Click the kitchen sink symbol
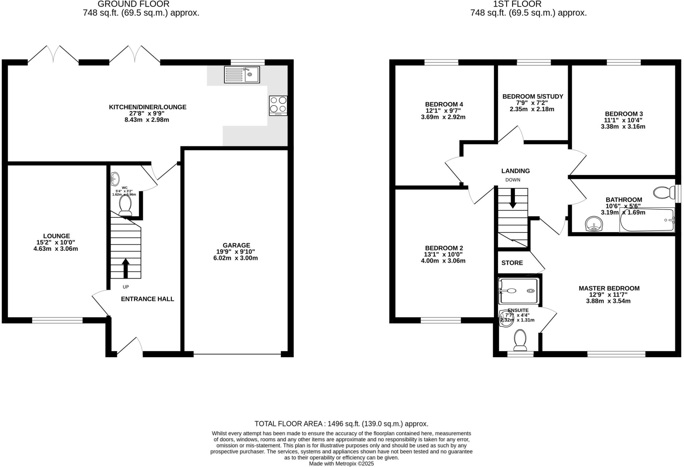[242, 74]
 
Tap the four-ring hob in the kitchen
[278, 105]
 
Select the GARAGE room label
[236, 245]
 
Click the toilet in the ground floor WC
[125, 205]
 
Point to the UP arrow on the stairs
[126, 268]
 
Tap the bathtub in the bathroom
[647, 220]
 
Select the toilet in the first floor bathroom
[663, 193]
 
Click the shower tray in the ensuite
[518, 291]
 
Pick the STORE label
[512, 263]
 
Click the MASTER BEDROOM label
[609, 288]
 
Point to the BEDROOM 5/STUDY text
[533, 96]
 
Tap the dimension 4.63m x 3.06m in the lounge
[56, 249]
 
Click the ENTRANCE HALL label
[147, 299]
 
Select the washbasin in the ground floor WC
[115, 179]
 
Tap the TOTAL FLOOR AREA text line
[341, 424]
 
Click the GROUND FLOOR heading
[133, 4]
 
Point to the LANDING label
[515, 171]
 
